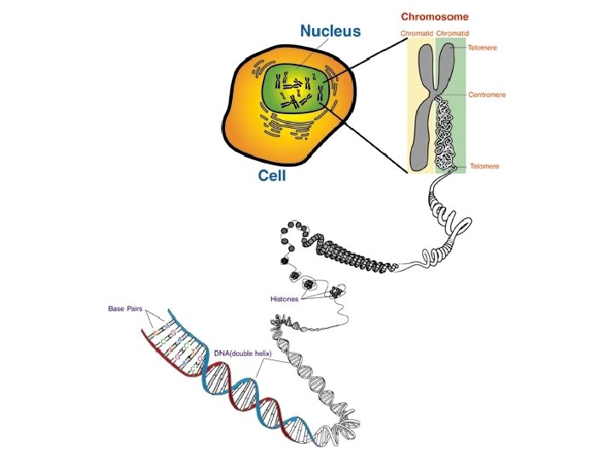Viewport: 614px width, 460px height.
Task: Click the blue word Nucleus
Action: click(330, 31)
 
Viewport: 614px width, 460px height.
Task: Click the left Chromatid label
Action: click(417, 34)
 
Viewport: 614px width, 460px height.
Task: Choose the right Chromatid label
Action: click(453, 34)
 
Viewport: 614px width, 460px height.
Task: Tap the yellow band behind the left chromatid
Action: click(415, 128)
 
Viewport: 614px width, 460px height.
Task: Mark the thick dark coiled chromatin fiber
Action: click(354, 256)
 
